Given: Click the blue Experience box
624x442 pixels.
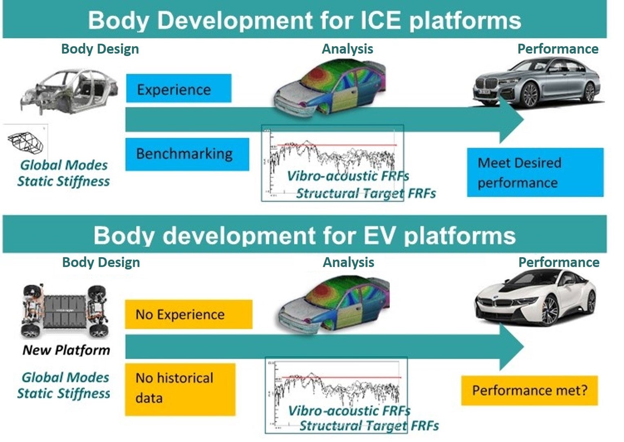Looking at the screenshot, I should (x=178, y=88).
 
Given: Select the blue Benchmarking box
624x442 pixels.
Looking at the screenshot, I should (x=187, y=154).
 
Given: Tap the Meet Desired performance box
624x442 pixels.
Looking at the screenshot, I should (x=535, y=173).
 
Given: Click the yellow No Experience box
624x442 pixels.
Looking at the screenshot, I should (x=188, y=314).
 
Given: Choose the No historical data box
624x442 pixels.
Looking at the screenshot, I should (x=180, y=389).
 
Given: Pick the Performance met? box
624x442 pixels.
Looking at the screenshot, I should (x=529, y=390).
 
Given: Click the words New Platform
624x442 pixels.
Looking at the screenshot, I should (x=66, y=350).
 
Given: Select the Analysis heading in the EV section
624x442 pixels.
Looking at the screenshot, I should (x=348, y=262).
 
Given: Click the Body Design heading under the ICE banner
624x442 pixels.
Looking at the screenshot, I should (x=100, y=49).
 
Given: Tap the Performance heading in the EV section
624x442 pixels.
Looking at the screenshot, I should (x=559, y=262).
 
